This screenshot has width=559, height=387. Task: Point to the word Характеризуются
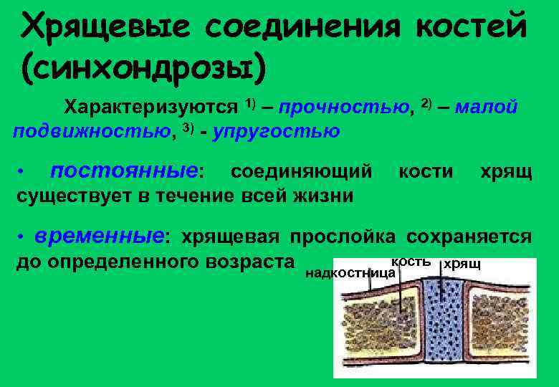tap(151, 107)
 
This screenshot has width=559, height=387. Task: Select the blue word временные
tap(101, 235)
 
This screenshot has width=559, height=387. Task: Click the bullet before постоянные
tap(23, 172)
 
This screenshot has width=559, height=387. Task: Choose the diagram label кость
tap(410, 262)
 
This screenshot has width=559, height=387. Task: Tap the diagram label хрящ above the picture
tap(463, 264)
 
